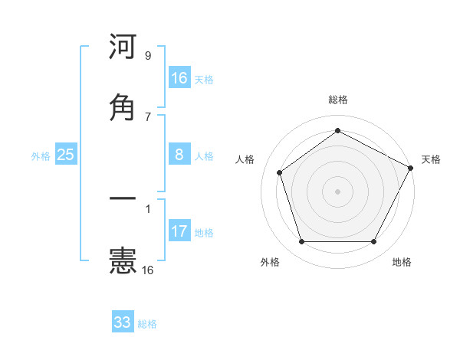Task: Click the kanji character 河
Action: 123,47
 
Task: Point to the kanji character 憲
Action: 123,260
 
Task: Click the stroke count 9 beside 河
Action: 148,56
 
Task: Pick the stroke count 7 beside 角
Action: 148,116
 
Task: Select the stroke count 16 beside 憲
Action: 148,270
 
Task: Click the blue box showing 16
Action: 179,78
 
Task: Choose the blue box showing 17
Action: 179,231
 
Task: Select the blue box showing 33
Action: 123,322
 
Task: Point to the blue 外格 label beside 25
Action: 41,156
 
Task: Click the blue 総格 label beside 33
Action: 147,324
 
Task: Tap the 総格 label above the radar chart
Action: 338,100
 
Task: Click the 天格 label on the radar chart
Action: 431,159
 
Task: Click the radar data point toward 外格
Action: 301,242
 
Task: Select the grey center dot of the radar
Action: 338,191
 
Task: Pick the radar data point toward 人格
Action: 280,172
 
